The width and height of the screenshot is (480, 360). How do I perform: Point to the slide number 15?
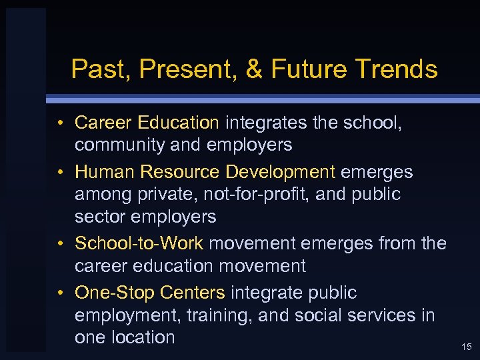pyautogui.click(x=467, y=347)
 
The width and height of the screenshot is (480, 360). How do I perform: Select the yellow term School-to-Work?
pyautogui.click(x=139, y=243)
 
